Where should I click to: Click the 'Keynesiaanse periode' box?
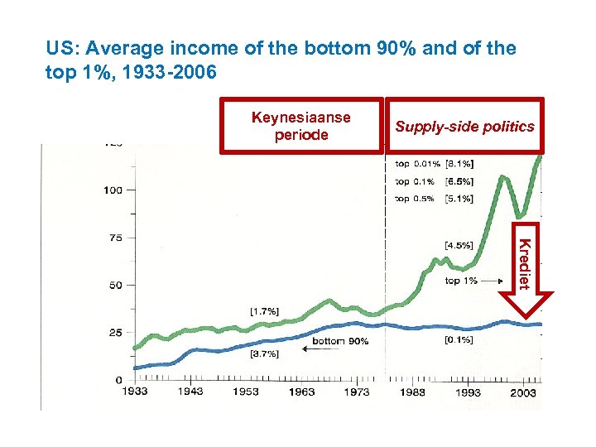tap(301, 126)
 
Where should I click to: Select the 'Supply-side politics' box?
tap(464, 127)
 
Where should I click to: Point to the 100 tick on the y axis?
tap(113, 190)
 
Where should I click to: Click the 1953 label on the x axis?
tap(245, 392)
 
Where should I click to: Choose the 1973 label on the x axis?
tap(357, 392)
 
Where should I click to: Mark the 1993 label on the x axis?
tap(468, 392)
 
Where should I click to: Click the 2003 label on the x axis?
tap(523, 392)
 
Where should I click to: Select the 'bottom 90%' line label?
tap(340, 341)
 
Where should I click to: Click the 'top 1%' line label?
tap(461, 281)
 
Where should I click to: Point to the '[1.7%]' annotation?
tap(264, 311)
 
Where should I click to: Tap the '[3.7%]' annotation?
tap(264, 353)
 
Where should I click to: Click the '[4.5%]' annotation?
tap(459, 245)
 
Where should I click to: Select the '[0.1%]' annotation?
tap(459, 339)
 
